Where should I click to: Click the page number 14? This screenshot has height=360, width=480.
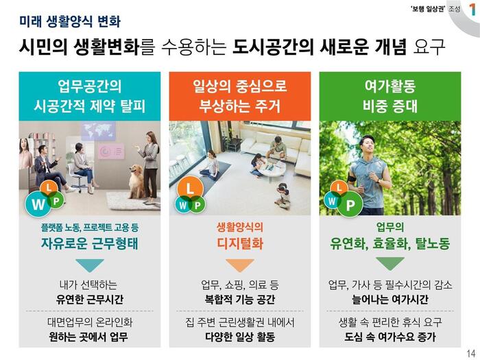(471, 352)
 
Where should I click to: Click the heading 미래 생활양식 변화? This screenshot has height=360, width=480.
(70, 21)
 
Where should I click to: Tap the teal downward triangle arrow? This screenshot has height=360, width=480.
(90, 265)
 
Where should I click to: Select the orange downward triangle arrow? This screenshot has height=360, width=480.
(240, 265)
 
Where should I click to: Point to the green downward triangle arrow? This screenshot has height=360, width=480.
(389, 263)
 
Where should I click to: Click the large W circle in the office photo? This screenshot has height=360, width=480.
(38, 204)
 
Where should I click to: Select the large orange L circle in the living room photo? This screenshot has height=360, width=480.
(190, 188)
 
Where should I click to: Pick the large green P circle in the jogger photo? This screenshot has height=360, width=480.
(350, 204)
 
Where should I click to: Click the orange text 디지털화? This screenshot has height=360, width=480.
(240, 243)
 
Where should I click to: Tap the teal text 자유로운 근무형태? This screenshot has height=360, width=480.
(90, 243)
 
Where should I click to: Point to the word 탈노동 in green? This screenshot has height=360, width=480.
(433, 243)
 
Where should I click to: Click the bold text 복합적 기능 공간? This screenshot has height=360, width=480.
(240, 299)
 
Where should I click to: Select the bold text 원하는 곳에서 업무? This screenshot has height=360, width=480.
(88, 337)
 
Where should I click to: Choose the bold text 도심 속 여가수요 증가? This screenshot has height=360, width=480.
(390, 337)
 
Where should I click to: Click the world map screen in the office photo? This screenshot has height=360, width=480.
(98, 131)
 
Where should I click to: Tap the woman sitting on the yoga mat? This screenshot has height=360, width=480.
(211, 165)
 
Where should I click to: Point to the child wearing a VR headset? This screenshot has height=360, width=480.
(283, 196)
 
